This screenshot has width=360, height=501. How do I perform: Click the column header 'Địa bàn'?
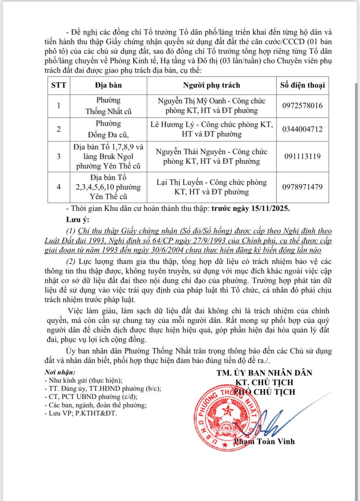[x=108, y=85]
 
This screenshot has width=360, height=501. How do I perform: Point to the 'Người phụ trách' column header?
[x=211, y=85]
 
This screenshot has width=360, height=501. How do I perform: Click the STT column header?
[x=59, y=85]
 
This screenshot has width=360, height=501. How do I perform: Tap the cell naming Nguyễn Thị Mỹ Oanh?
[x=211, y=106]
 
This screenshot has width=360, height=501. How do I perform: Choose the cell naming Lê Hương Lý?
[x=211, y=129]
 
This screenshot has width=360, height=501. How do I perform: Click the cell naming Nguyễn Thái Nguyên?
[x=211, y=157]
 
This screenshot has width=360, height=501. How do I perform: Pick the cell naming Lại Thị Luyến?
[x=211, y=187]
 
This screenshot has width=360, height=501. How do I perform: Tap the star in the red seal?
[x=228, y=410]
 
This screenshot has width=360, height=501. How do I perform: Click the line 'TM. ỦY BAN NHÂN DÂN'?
[x=264, y=373]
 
